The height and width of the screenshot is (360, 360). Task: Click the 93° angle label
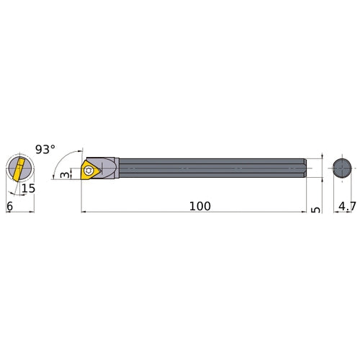click(45, 150)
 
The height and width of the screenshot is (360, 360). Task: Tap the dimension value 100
click(199, 206)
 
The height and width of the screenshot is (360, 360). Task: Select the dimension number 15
click(28, 189)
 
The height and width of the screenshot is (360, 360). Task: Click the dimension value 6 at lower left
click(9, 206)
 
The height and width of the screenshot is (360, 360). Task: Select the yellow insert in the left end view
click(18, 170)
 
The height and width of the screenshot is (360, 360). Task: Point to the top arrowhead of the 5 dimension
click(314, 158)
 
